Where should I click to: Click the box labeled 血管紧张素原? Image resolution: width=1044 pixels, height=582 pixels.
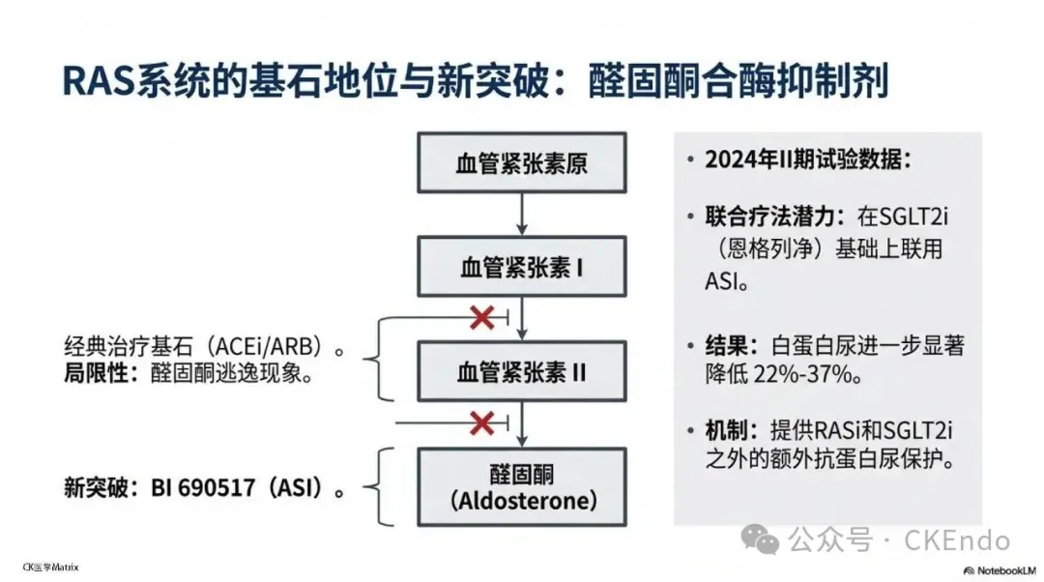521,163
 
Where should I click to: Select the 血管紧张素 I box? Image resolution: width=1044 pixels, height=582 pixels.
521,267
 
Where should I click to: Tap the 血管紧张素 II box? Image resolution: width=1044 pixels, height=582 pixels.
521,371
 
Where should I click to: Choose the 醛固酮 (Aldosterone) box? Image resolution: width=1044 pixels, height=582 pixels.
521,488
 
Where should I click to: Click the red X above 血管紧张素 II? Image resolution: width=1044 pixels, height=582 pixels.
481,318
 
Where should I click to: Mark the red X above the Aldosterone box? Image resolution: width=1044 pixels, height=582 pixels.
481,422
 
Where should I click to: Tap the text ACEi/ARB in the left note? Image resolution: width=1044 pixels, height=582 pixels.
270,346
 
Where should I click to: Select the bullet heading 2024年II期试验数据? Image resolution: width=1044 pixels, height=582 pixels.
808,160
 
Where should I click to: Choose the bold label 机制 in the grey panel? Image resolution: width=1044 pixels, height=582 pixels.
724,430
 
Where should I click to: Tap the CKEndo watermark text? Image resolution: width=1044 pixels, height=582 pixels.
956,540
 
